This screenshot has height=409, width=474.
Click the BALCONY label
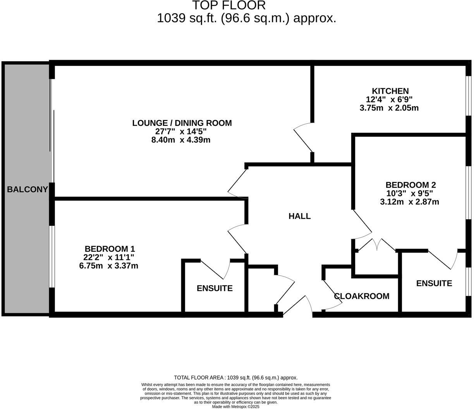27,189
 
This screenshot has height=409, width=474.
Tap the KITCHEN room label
390,91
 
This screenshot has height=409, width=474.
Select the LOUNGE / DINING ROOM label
182,123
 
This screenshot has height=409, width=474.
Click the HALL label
299,216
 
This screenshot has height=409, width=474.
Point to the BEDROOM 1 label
110,249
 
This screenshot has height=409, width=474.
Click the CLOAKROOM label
362,296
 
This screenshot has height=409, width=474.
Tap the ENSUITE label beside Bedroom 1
215,288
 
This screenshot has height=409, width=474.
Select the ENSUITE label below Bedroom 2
434,284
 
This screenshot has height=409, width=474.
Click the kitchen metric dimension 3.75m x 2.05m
389,108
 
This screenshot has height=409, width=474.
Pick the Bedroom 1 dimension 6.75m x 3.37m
108,266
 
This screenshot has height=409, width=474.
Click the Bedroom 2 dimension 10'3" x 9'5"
409,193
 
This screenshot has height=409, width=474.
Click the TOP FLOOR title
229,5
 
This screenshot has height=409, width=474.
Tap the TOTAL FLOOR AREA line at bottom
235,378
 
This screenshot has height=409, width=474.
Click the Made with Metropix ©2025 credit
235,407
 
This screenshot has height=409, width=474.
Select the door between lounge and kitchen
304,137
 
